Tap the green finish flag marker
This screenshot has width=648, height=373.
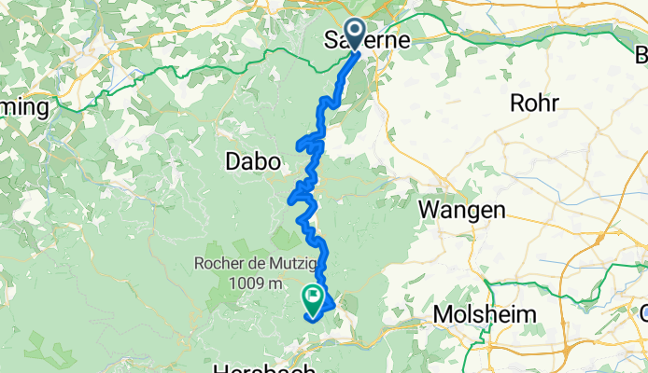[x=313, y=298]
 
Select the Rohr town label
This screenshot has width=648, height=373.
[x=534, y=104]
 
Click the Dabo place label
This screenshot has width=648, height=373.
[x=253, y=161]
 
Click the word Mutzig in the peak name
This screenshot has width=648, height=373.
[x=281, y=265]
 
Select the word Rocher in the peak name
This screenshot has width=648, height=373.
[x=217, y=265]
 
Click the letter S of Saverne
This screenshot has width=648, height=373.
[x=329, y=40]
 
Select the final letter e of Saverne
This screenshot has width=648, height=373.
[x=403, y=40]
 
